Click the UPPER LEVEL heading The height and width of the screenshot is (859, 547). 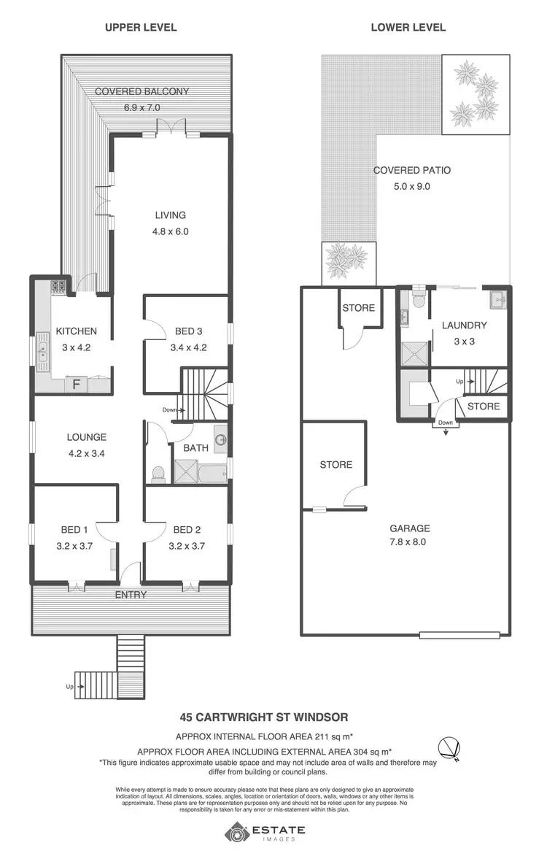[141, 28]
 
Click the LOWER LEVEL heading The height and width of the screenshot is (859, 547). [408, 28]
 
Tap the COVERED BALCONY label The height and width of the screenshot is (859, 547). [141, 92]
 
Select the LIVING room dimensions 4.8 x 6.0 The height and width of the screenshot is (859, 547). [170, 231]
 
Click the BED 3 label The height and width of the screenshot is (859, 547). [188, 331]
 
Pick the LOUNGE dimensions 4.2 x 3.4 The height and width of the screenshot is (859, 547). [87, 453]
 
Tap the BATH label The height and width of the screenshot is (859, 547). [196, 448]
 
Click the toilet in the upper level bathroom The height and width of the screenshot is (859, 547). [157, 475]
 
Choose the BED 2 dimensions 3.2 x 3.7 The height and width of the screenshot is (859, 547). [188, 545]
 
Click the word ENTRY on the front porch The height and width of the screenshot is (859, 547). [131, 595]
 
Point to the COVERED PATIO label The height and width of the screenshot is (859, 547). [412, 170]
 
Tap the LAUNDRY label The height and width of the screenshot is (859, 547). [464, 326]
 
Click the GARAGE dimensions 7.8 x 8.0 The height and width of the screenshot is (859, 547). [409, 542]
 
